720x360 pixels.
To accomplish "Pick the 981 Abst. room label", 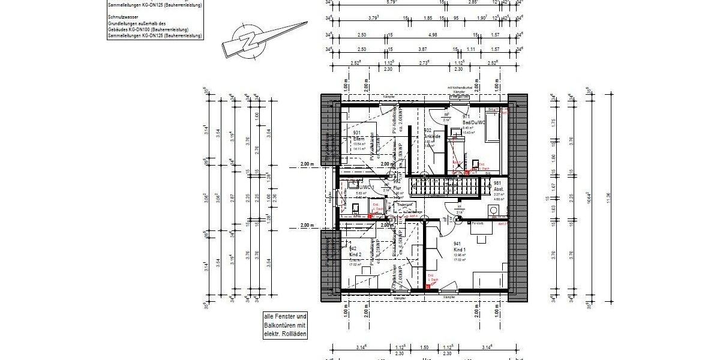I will click(497, 185).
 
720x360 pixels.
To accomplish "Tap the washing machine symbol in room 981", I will click(494, 210).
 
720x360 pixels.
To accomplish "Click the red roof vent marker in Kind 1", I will click(428, 287).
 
